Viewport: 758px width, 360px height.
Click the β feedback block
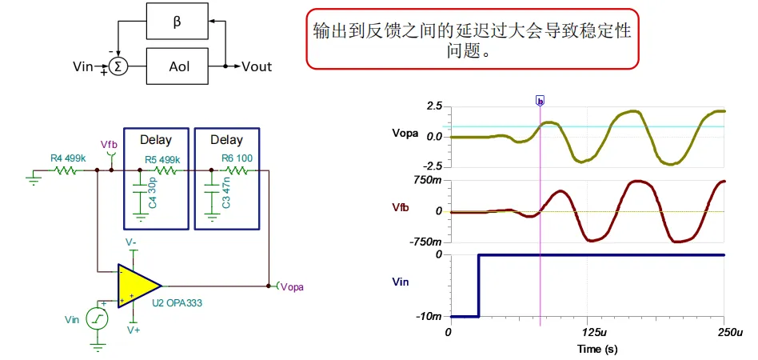click(177, 22)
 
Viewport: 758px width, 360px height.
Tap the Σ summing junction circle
click(118, 66)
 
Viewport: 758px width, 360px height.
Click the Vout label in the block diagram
click(257, 66)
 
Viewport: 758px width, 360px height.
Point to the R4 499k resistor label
click(68, 158)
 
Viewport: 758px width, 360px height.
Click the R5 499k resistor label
click(162, 158)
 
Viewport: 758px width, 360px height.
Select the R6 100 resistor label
click(237, 158)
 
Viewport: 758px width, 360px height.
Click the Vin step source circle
click(98, 319)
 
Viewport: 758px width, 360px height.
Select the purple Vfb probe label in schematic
click(110, 144)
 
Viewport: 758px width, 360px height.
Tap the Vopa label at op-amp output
click(292, 287)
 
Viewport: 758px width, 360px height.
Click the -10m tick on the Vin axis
click(430, 317)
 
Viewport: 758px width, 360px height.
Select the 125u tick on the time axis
click(588, 333)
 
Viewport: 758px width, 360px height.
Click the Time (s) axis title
click(597, 349)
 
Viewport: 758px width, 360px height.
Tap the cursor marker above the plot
click(540, 101)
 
